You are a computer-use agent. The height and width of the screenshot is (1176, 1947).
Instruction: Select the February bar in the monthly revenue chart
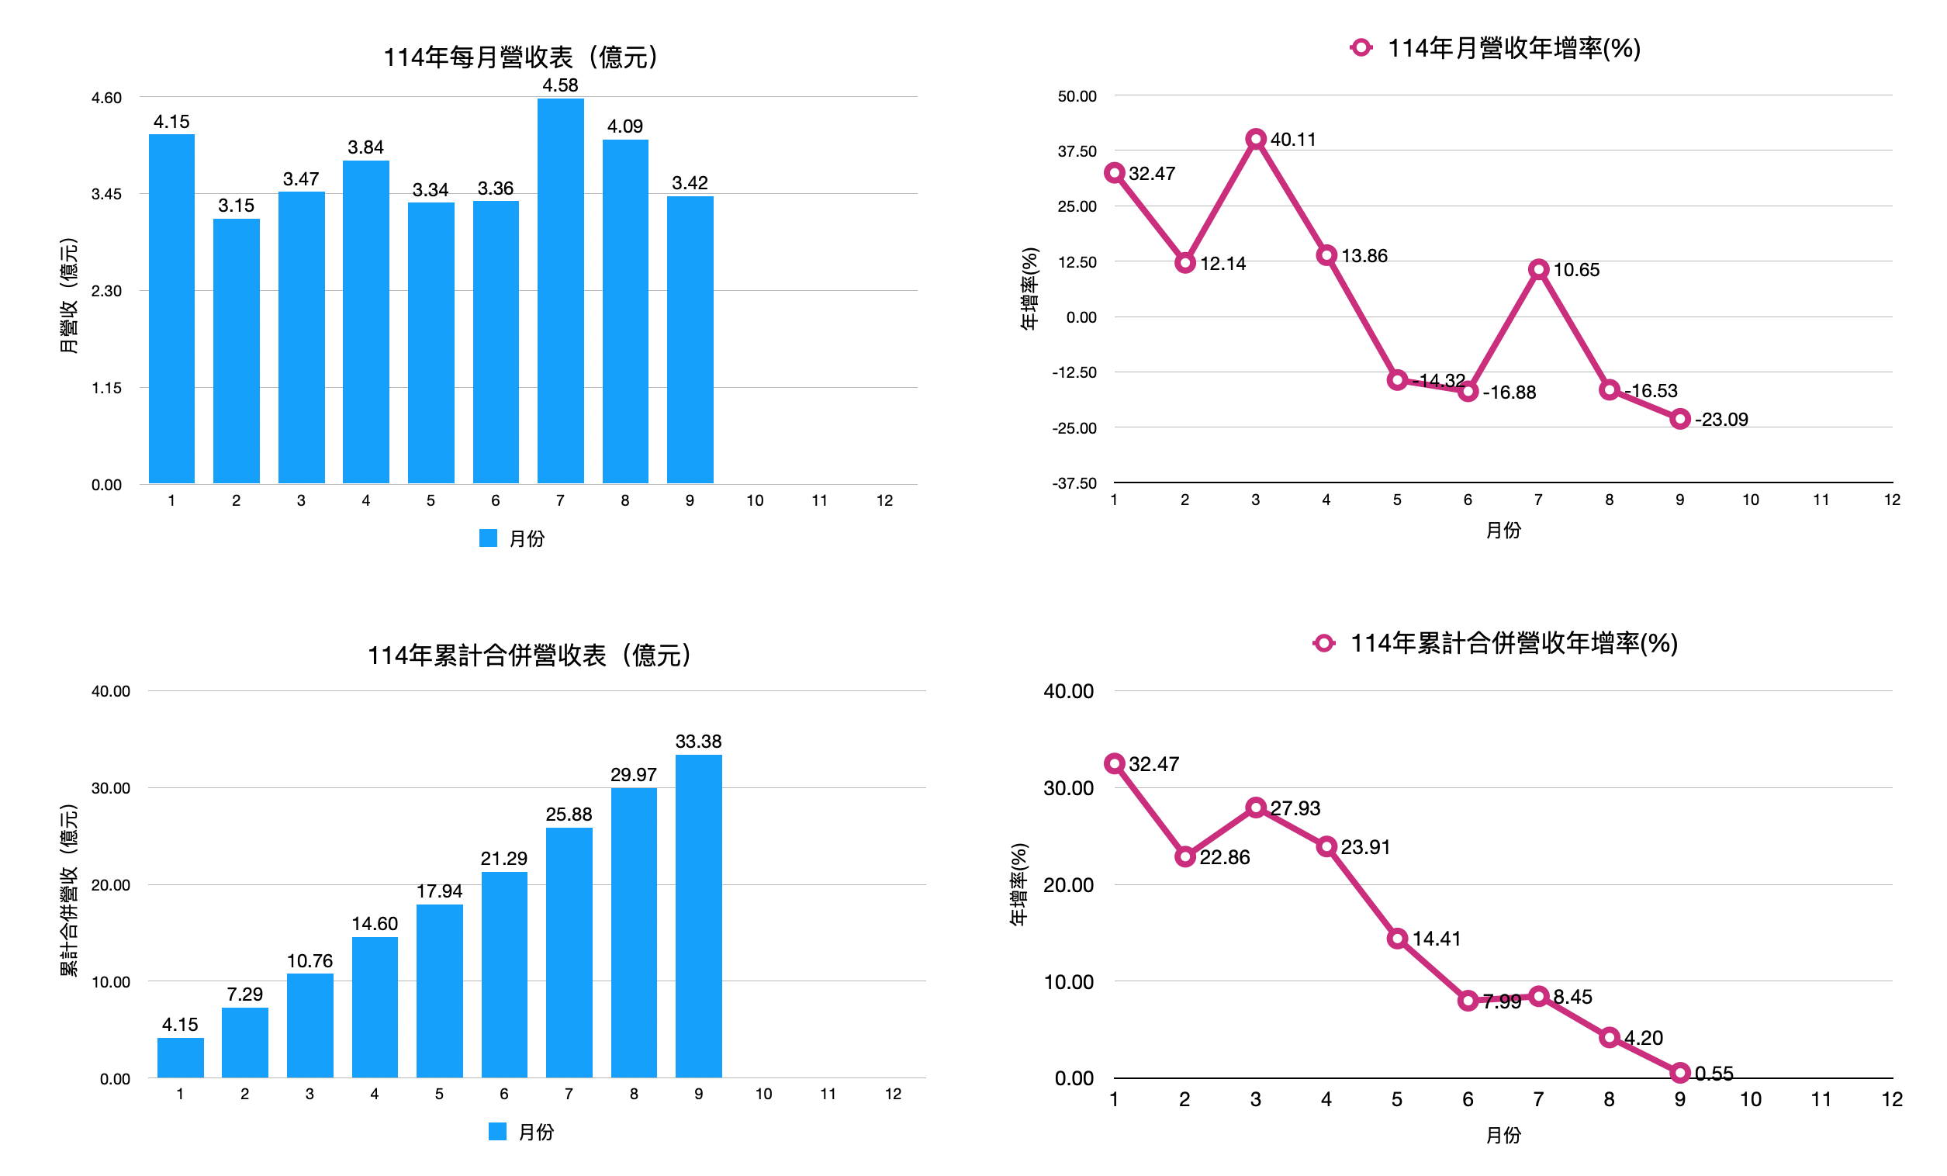click(x=237, y=351)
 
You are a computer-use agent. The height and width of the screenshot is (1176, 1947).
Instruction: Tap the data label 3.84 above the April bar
click(x=365, y=148)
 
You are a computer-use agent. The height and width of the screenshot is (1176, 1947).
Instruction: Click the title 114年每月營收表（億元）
click(x=520, y=57)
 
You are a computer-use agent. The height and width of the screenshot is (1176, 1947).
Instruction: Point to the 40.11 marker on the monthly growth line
click(x=1256, y=139)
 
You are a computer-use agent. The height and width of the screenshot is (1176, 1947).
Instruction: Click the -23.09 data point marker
click(x=1680, y=419)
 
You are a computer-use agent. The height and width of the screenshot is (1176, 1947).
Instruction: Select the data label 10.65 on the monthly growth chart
click(x=1575, y=270)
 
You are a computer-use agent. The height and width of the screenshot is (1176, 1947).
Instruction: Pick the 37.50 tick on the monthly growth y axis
click(x=1077, y=151)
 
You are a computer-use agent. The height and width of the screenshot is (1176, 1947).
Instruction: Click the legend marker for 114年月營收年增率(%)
click(x=1361, y=48)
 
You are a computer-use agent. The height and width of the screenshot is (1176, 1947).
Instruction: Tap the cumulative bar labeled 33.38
click(x=699, y=917)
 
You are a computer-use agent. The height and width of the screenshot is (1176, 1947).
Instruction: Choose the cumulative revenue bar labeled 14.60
click(x=375, y=1008)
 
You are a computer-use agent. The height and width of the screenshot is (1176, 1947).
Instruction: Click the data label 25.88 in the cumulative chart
click(x=568, y=815)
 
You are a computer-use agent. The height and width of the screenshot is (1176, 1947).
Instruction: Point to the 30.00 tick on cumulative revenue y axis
click(x=111, y=789)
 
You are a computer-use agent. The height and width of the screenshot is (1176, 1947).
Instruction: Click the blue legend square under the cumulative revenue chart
click(x=497, y=1132)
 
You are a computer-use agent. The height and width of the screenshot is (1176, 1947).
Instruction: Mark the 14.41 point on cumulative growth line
click(x=1397, y=939)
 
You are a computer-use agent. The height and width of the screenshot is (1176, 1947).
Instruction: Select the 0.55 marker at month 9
click(x=1680, y=1074)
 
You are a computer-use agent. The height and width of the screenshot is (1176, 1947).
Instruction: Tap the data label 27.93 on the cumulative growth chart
click(x=1295, y=808)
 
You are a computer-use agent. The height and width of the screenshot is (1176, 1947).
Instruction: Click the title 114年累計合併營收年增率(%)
click(x=1513, y=643)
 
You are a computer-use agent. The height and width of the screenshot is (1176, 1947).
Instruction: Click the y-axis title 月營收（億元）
click(x=69, y=296)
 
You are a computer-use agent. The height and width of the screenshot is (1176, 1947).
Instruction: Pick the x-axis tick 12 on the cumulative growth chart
click(x=1892, y=1100)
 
